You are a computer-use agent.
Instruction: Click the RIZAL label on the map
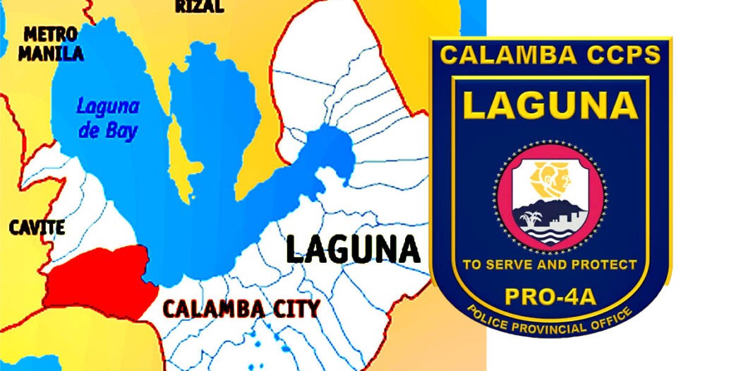point(200,6)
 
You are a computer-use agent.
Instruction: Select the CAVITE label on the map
point(37,227)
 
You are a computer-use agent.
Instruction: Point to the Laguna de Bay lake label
point(108,119)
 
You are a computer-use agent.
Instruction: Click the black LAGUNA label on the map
point(352,249)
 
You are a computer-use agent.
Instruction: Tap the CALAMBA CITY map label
point(241,308)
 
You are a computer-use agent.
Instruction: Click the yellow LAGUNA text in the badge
point(550,106)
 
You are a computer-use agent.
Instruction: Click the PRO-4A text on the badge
point(550,295)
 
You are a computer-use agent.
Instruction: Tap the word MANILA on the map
point(50,53)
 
